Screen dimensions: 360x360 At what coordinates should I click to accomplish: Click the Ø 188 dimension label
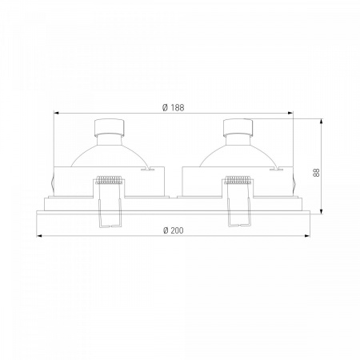[x=173, y=107]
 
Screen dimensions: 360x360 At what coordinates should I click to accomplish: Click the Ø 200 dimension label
[x=174, y=230]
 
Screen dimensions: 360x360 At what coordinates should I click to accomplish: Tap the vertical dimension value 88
[x=316, y=173]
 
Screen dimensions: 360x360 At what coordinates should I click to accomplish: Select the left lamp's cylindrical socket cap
[x=110, y=127]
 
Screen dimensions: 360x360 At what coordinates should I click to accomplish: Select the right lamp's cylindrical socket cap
[x=238, y=127]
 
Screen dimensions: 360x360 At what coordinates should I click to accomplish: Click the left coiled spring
[x=110, y=179]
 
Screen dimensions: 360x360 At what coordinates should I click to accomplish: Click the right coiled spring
[x=238, y=179]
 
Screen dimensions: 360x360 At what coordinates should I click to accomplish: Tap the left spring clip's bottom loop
[x=110, y=226]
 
